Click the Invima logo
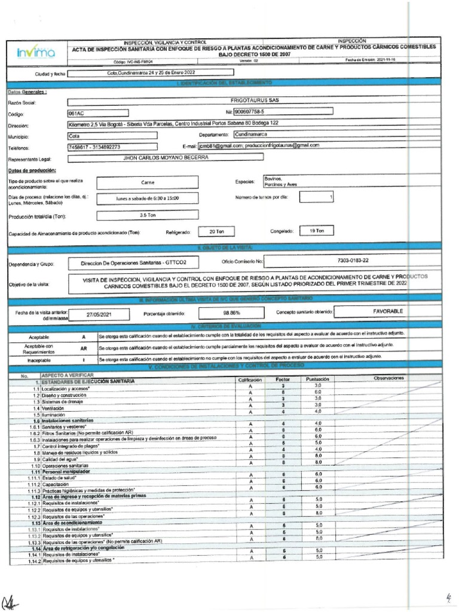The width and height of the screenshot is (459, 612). click(36, 53)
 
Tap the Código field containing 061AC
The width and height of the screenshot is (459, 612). click(97, 112)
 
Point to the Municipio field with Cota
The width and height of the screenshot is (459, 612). click(112, 136)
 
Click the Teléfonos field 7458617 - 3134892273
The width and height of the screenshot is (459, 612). click(112, 147)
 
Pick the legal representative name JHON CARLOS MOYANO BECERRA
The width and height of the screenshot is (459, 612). click(166, 158)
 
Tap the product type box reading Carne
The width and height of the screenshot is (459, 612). click(148, 182)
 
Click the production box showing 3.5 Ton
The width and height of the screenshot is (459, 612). click(148, 215)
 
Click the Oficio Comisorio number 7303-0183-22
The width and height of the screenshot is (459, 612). click(353, 261)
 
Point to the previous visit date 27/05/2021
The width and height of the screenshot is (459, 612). click(99, 314)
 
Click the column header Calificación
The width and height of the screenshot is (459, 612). click(250, 379)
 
